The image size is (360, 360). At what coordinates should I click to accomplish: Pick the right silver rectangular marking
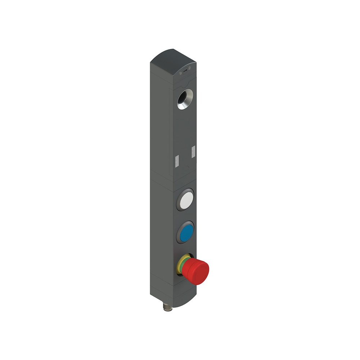coord(193,151)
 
